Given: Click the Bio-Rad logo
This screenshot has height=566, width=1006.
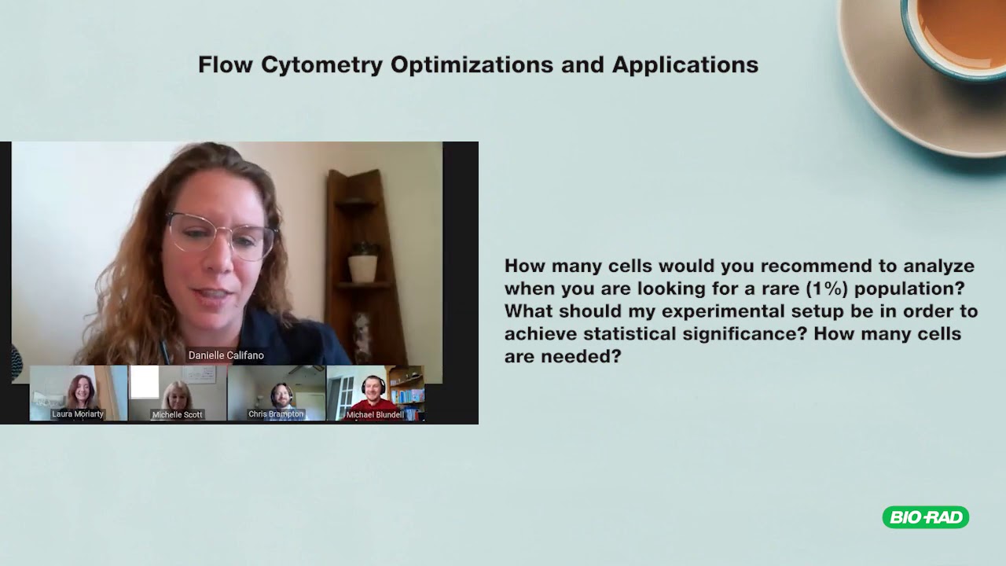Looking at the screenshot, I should click(925, 517).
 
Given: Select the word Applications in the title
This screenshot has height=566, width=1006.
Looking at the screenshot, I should click(685, 65).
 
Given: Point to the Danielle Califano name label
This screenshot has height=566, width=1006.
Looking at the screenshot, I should click(226, 355).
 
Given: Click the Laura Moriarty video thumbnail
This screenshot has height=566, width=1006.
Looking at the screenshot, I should click(79, 392).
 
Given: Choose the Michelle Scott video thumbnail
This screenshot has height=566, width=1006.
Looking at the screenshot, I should click(178, 392).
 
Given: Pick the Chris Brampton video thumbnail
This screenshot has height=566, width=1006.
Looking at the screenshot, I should click(276, 392).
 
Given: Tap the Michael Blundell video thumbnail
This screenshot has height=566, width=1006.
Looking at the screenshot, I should click(375, 392).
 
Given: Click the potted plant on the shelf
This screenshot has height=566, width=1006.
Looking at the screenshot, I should click(362, 263).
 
